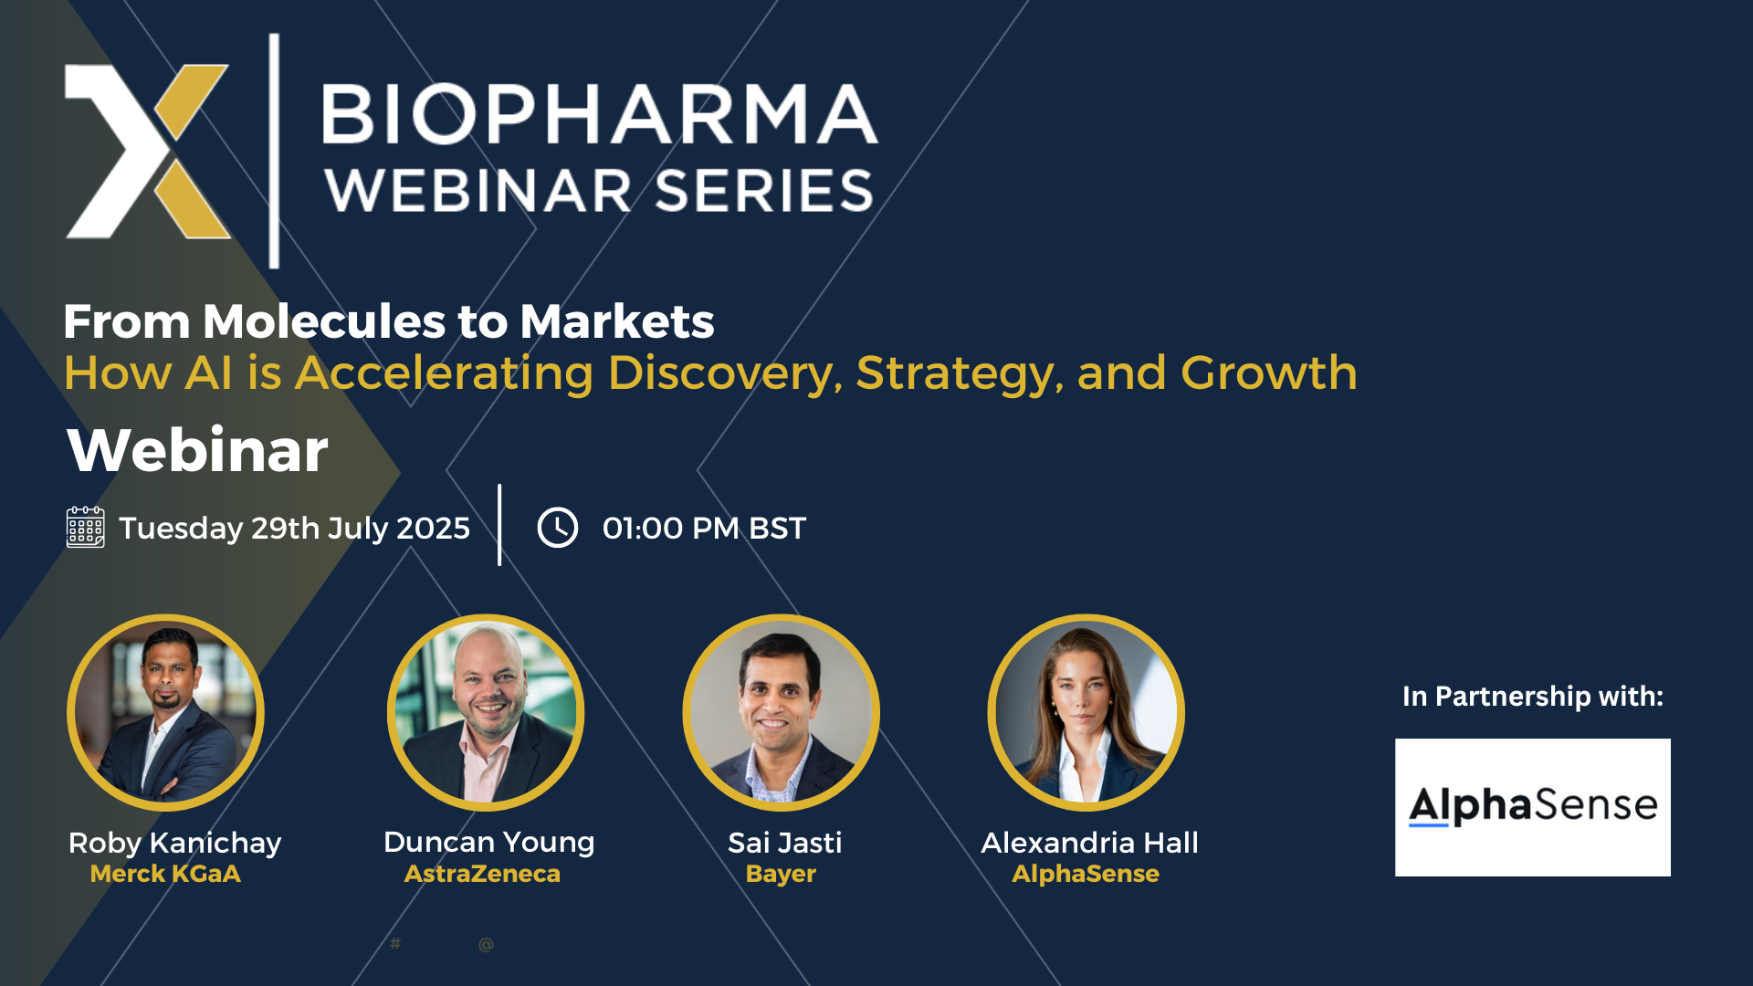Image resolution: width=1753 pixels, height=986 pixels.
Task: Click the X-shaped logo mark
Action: click(x=147, y=152)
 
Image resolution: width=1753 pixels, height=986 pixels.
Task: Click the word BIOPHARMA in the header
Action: click(x=600, y=115)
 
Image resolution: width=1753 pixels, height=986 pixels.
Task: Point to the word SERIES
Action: click(x=764, y=191)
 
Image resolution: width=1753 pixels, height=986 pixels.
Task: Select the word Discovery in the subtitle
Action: click(x=725, y=374)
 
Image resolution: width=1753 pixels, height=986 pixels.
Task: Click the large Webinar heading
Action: click(x=197, y=450)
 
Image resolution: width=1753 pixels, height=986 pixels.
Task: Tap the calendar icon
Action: click(x=86, y=528)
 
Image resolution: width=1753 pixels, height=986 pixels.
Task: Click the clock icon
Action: click(x=558, y=528)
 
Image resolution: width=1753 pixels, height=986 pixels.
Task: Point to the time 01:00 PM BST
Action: click(x=704, y=528)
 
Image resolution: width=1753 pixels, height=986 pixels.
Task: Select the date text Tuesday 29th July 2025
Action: click(x=294, y=529)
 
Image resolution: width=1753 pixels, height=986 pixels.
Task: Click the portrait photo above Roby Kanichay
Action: click(x=165, y=712)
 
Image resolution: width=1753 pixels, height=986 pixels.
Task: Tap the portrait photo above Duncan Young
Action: click(x=486, y=712)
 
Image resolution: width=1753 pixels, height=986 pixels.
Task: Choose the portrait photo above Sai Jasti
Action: click(x=782, y=712)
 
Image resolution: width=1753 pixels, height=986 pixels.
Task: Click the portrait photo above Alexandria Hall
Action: click(x=1086, y=712)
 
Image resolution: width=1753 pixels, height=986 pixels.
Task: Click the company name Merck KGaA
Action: click(x=165, y=874)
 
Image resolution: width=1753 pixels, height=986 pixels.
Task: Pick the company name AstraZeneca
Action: click(x=482, y=874)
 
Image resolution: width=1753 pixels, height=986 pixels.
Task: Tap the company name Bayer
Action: click(x=781, y=874)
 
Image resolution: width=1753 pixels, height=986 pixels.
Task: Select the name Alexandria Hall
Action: click(x=1089, y=843)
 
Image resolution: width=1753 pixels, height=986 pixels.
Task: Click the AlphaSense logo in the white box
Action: click(x=1533, y=807)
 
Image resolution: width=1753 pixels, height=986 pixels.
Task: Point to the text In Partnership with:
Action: click(x=1533, y=697)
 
